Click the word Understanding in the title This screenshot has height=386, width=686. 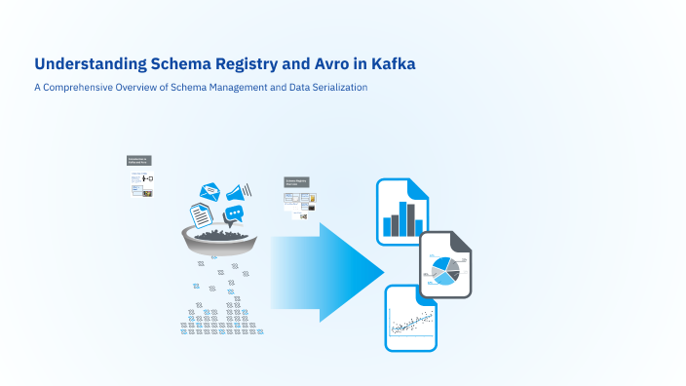(x=89, y=64)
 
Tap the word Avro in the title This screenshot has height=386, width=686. (x=315, y=64)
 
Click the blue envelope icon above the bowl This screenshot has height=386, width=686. (x=211, y=193)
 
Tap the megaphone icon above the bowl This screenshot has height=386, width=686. (x=240, y=190)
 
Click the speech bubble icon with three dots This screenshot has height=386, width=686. (x=233, y=214)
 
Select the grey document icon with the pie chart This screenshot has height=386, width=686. (x=446, y=265)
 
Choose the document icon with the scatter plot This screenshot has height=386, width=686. (x=411, y=319)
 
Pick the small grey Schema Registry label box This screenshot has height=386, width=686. (x=297, y=181)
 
